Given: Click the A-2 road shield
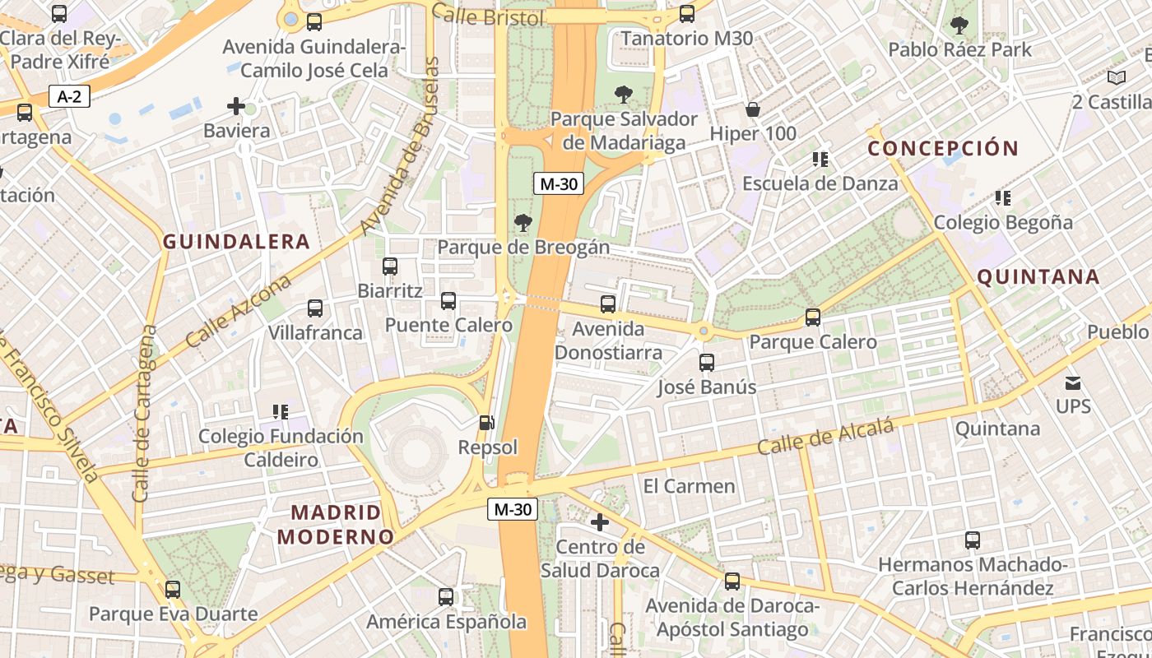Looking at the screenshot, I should click(69, 96).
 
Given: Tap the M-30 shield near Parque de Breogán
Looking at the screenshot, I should click(559, 183).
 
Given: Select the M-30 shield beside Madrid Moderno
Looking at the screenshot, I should click(513, 509).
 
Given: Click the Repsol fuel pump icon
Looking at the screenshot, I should click(487, 423).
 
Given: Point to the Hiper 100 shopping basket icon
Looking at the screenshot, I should click(752, 109).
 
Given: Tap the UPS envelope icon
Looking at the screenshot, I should click(1073, 382).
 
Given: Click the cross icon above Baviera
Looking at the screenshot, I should click(236, 106).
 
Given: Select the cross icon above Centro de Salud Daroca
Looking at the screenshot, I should click(600, 521).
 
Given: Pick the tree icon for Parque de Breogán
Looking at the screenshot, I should click(523, 222).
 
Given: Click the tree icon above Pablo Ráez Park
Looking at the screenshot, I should click(959, 25).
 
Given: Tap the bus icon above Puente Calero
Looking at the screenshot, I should click(448, 301).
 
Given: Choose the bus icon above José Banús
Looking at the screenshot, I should click(706, 363).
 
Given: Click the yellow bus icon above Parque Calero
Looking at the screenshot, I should click(813, 317).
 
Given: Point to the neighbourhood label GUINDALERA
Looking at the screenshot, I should click(236, 242).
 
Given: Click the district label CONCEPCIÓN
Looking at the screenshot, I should click(943, 149).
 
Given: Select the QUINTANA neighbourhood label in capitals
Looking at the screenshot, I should click(1038, 277).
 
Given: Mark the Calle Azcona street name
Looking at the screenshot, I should click(239, 312).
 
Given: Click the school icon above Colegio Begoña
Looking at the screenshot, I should click(1002, 197).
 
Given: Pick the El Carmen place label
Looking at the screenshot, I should click(689, 486).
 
